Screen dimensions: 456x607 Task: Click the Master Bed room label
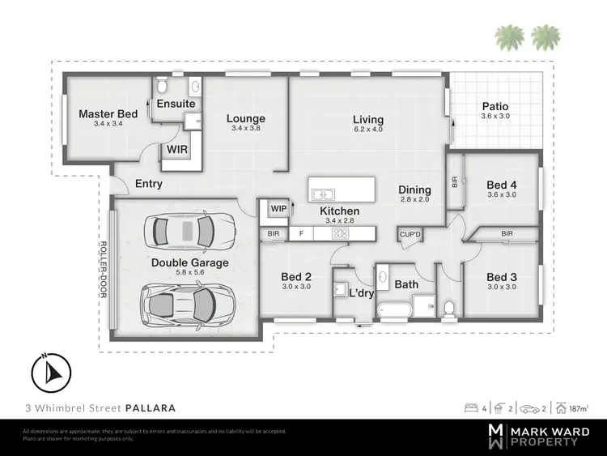[x=108, y=114]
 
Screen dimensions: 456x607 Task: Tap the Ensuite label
[x=176, y=104]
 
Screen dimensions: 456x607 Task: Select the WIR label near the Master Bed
[x=177, y=149]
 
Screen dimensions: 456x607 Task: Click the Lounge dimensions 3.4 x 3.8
[x=246, y=129]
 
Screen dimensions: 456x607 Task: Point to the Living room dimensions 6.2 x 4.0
[x=367, y=130]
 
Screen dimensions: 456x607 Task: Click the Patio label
[x=495, y=106]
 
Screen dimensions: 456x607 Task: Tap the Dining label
[x=415, y=190]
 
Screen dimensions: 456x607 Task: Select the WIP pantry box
[x=278, y=209]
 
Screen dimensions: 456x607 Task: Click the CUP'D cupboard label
[x=410, y=235]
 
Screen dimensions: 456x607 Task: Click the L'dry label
[x=360, y=292]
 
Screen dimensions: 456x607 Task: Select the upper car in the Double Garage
[x=186, y=232]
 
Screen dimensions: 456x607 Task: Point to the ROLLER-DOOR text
[x=103, y=270]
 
